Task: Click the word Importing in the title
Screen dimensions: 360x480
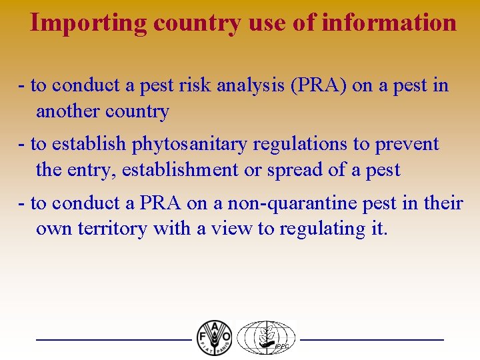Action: tap(89, 23)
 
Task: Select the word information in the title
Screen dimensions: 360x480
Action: tap(389, 23)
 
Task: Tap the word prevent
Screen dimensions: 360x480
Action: tap(407, 144)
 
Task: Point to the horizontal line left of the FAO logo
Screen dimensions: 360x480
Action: tap(113, 340)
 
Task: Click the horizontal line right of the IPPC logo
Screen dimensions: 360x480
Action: tap(372, 340)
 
